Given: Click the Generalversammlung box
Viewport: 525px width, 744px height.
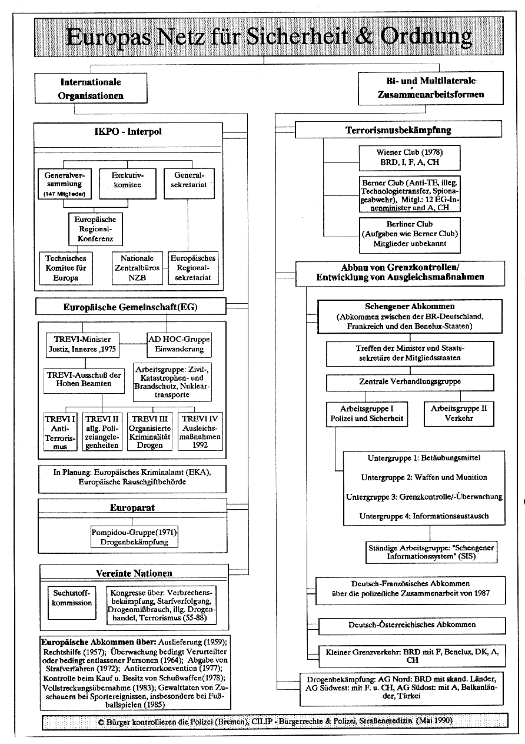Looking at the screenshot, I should pyautogui.click(x=64, y=185).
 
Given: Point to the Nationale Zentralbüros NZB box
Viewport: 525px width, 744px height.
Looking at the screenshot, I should pyautogui.click(x=137, y=268).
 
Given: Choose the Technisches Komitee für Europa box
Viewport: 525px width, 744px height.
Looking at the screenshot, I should pyautogui.click(x=66, y=268).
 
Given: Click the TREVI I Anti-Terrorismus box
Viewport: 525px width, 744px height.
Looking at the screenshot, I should pyautogui.click(x=60, y=431).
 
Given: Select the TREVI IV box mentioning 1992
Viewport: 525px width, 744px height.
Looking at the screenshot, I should pyautogui.click(x=201, y=431).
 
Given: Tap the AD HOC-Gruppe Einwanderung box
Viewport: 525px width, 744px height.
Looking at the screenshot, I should pyautogui.click(x=178, y=345).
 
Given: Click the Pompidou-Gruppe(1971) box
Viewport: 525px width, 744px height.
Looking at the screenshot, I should pyautogui.click(x=134, y=536).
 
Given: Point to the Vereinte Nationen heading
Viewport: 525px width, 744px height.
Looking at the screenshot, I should pyautogui.click(x=134, y=573).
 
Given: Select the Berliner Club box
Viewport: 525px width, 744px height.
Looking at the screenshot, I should pyautogui.click(x=410, y=233).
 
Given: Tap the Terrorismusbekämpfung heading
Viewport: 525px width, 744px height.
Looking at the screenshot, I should pyautogui.click(x=398, y=129).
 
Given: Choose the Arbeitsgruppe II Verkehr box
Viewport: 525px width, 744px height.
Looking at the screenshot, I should pyautogui.click(x=459, y=413).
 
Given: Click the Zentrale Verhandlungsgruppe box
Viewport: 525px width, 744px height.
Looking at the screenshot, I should pyautogui.click(x=410, y=381).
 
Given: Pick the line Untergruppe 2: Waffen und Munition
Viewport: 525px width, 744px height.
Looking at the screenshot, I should pyautogui.click(x=424, y=477).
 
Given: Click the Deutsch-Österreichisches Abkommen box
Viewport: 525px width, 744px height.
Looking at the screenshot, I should pyautogui.click(x=411, y=625).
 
